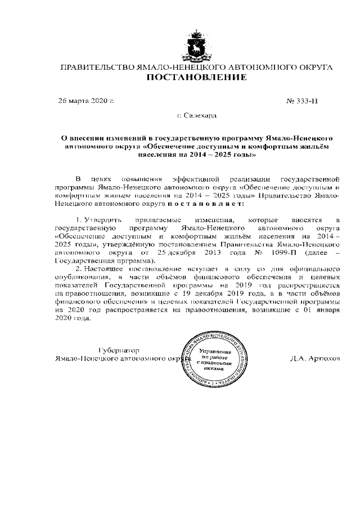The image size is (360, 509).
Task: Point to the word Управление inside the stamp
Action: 211,350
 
